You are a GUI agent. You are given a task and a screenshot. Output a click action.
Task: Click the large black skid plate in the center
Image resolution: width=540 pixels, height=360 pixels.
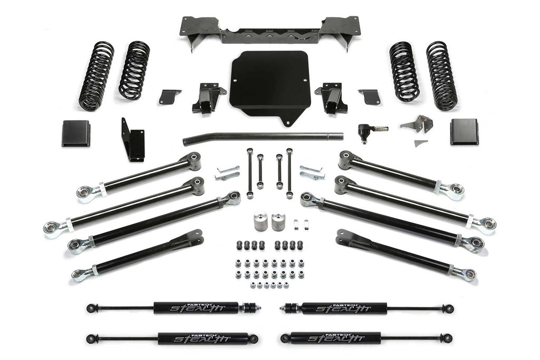point(269,84)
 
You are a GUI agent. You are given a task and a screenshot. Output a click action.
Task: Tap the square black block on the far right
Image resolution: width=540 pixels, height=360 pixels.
point(464,132)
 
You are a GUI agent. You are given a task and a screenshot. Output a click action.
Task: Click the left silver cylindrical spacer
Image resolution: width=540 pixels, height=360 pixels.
point(261,221)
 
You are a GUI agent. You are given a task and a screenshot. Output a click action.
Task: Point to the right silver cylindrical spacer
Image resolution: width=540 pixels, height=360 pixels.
point(279,221)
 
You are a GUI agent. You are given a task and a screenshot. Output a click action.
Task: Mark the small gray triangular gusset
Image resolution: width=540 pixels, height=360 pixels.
point(420,143)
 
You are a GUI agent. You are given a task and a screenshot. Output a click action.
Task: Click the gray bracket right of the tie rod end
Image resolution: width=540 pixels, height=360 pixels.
point(417,124)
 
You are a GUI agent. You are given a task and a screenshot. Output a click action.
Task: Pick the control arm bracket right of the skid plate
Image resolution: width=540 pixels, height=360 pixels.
point(332,98)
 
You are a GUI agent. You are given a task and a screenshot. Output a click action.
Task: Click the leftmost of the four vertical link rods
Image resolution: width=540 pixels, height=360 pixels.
point(249,172)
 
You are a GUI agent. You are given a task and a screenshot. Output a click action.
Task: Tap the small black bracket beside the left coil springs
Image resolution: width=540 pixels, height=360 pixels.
point(170,96)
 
